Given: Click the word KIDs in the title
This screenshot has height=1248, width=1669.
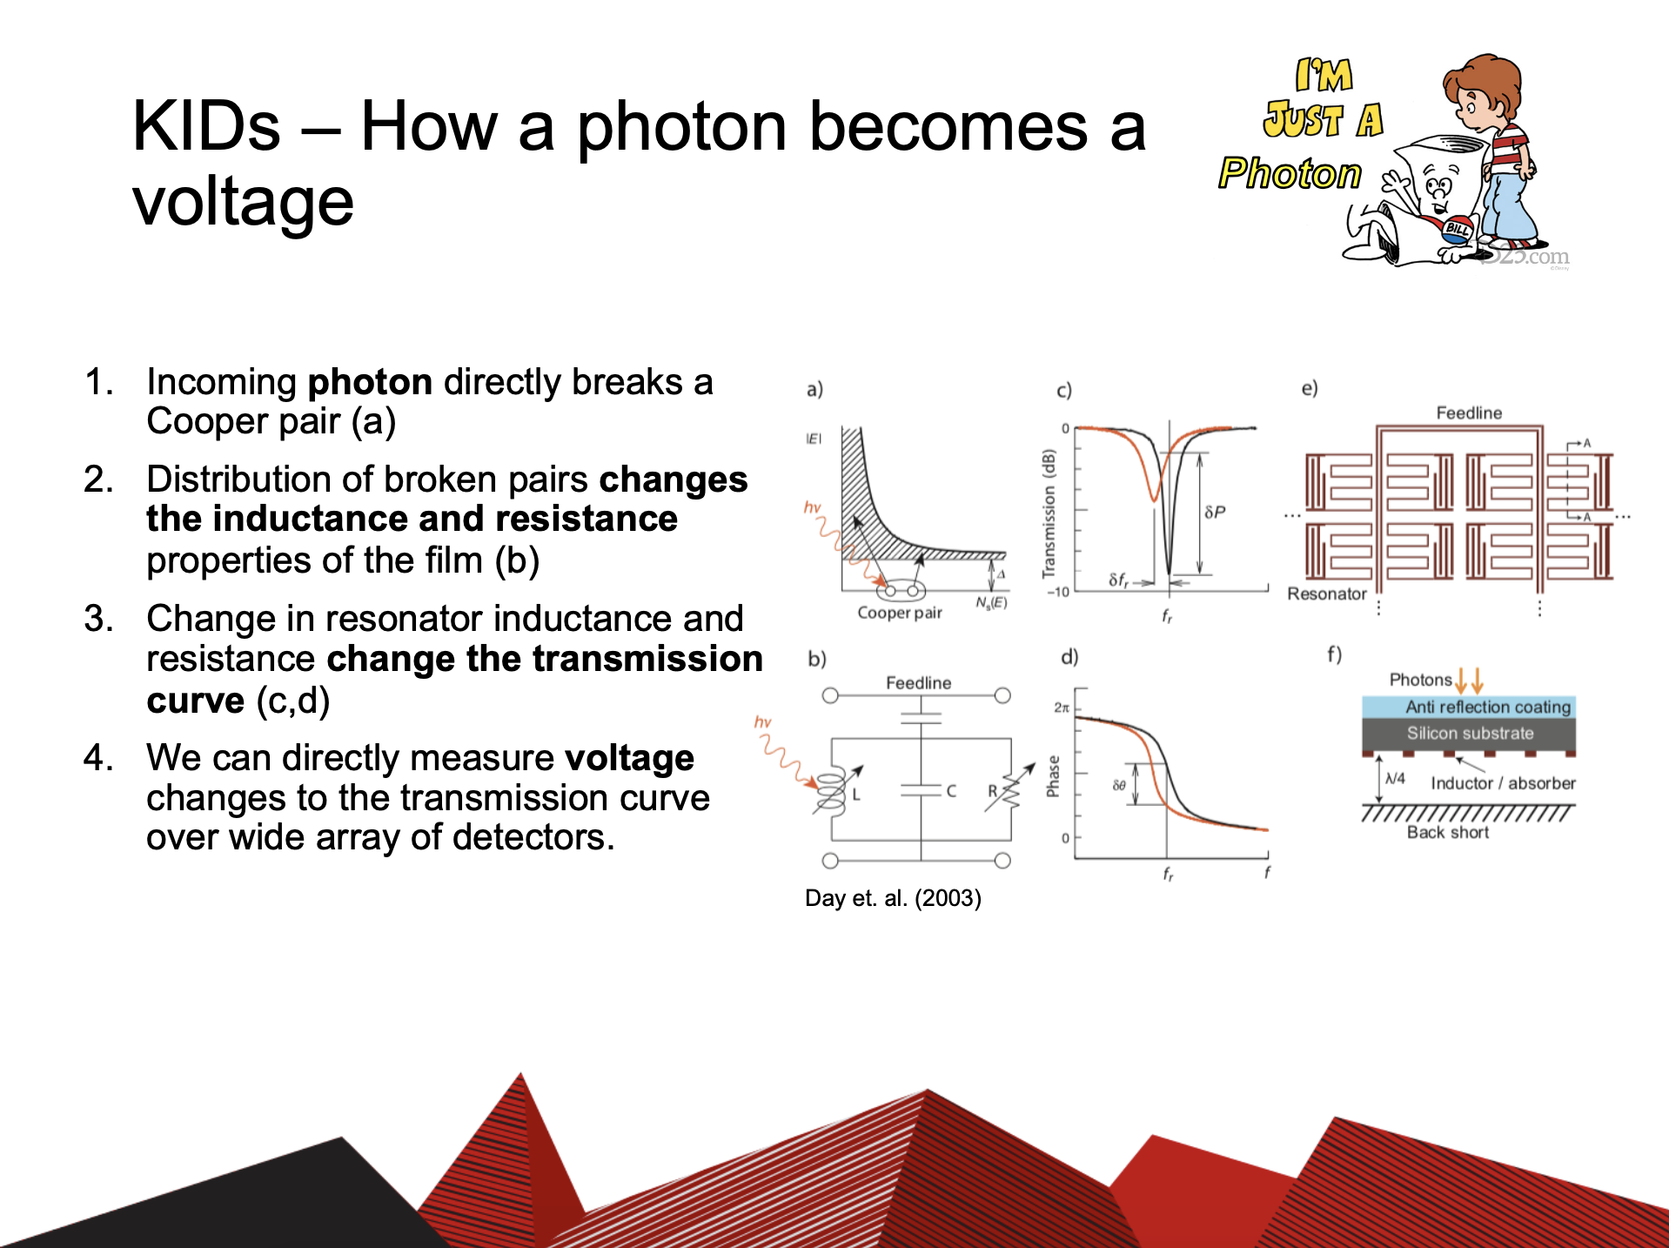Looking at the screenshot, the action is pyautogui.click(x=206, y=127).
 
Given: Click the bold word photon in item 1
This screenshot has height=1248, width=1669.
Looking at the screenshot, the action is pyautogui.click(x=371, y=382).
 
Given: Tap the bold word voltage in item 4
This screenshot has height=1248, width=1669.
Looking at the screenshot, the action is pyautogui.click(x=629, y=759).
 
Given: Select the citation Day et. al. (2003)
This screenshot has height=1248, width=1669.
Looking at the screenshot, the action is pyautogui.click(x=893, y=898).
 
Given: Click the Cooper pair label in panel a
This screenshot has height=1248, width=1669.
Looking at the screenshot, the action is pyautogui.click(x=900, y=613).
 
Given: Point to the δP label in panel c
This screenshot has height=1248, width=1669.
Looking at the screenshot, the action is pyautogui.click(x=1215, y=512).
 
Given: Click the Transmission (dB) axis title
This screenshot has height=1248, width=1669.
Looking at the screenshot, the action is pyautogui.click(x=1049, y=513).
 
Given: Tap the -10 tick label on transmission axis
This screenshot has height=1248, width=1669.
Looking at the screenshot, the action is pyautogui.click(x=1058, y=592).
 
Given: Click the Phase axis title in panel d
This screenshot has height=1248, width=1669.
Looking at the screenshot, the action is pyautogui.click(x=1053, y=776).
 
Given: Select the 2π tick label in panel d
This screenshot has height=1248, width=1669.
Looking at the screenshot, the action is pyautogui.click(x=1062, y=708).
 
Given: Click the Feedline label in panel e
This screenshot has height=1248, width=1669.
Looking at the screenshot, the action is pyautogui.click(x=1469, y=413).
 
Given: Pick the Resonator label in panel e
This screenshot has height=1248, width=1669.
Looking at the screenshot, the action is pyautogui.click(x=1327, y=594).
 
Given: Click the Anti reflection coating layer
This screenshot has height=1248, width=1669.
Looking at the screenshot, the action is pyautogui.click(x=1469, y=707).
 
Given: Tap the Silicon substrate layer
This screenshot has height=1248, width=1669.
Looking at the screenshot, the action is pyautogui.click(x=1469, y=734).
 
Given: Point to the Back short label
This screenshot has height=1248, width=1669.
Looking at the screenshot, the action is pyautogui.click(x=1448, y=832).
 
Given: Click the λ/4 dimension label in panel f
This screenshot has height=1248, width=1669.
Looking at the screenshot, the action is pyautogui.click(x=1395, y=778).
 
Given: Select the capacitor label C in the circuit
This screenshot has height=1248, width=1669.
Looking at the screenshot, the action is pyautogui.click(x=951, y=791).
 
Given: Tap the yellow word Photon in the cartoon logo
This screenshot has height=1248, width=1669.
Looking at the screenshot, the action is pyautogui.click(x=1290, y=173).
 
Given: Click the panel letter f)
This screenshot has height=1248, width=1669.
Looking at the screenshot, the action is pyautogui.click(x=1334, y=654).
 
